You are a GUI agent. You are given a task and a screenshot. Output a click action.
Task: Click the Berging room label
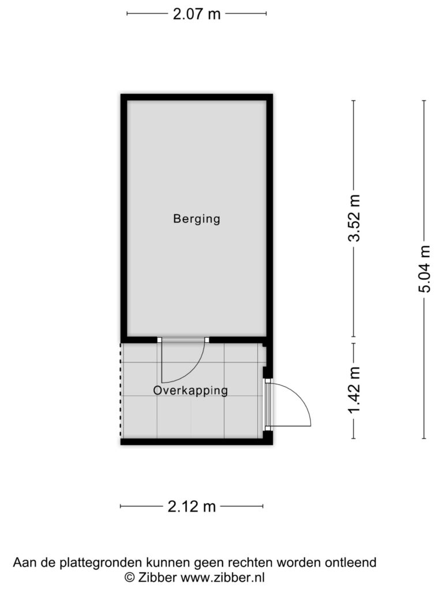(x=196, y=218)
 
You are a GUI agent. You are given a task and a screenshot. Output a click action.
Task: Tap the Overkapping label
(x=190, y=391)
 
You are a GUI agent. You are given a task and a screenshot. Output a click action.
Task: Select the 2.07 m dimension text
(x=196, y=14)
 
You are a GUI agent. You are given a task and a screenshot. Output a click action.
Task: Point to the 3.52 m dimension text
(x=355, y=218)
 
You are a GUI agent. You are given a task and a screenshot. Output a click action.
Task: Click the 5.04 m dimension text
(x=425, y=268)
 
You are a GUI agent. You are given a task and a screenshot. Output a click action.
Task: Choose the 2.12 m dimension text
(x=192, y=506)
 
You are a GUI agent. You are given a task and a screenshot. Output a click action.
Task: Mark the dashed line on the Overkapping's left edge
(x=121, y=391)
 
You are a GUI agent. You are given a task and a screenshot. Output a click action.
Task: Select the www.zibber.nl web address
(x=222, y=577)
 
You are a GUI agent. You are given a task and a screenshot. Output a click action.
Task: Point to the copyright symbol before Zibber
(x=130, y=577)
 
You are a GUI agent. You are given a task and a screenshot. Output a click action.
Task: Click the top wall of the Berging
(x=197, y=97)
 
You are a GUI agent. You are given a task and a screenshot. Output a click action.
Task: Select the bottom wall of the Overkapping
(x=197, y=442)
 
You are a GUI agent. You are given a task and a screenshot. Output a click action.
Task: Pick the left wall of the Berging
(x=124, y=218)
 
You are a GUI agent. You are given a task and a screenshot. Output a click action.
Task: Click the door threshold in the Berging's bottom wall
(x=183, y=340)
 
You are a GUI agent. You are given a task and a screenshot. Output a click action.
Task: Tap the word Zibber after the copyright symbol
(x=157, y=577)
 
